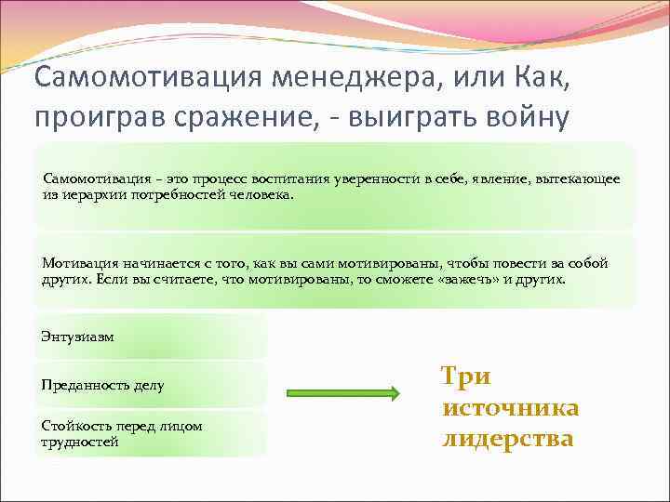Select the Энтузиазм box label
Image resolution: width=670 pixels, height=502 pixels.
[78, 337]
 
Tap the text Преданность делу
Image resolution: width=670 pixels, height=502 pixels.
[102, 385]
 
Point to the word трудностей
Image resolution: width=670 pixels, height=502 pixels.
[80, 442]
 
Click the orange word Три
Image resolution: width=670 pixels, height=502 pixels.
[465, 376]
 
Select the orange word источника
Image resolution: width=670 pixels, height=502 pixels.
[511, 407]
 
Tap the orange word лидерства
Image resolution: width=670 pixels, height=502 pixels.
[507, 438]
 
